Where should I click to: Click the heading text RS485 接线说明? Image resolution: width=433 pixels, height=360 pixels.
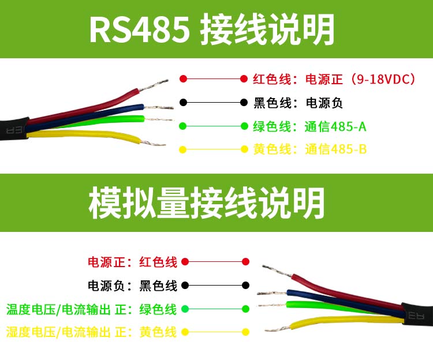pyautogui.click(x=212, y=29)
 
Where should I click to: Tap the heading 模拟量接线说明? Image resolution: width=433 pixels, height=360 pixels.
pyautogui.click(x=206, y=202)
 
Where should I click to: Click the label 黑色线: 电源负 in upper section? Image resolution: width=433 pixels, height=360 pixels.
pyautogui.click(x=298, y=103)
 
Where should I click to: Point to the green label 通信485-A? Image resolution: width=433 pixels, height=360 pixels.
pyautogui.click(x=335, y=126)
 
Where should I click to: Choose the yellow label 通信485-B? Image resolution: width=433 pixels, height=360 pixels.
pyautogui.click(x=335, y=149)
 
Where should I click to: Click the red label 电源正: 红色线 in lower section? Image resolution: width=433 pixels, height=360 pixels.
pyautogui.click(x=132, y=262)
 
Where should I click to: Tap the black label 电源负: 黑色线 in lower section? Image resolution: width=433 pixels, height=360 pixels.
pyautogui.click(x=132, y=286)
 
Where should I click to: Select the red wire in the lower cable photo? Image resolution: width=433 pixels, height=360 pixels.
pyautogui.click(x=345, y=292)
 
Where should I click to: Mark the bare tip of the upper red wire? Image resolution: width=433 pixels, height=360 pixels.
pyautogui.click(x=153, y=85)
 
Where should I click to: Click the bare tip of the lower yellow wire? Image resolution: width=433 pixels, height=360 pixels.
pyautogui.click(x=278, y=328)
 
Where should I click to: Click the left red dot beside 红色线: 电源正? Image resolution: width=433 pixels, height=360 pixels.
pyautogui.click(x=183, y=79)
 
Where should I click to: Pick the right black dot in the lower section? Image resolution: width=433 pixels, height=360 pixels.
pyautogui.click(x=245, y=285)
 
